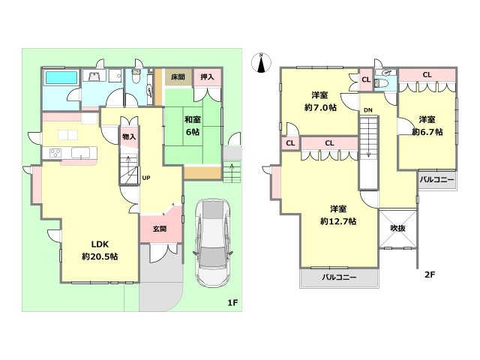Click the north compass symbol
(260, 63)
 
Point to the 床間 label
(177, 77)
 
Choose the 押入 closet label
(207, 77)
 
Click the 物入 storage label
(129, 136)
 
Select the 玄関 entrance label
(159, 229)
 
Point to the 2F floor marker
(430, 274)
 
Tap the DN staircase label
(368, 110)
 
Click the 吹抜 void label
(397, 223)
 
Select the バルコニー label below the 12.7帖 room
(339, 277)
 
